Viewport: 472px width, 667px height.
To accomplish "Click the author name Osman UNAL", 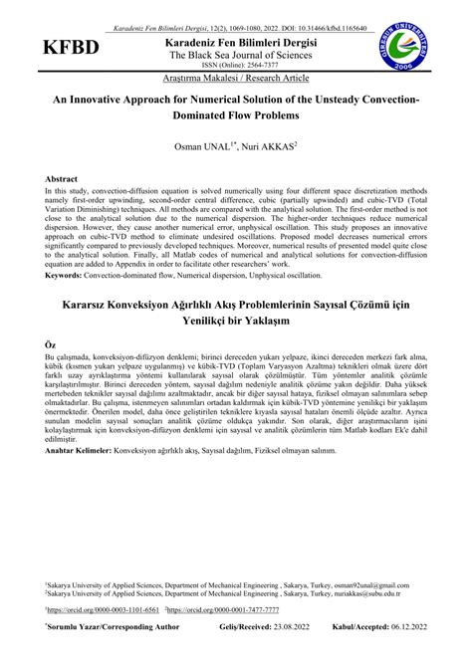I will (x=205, y=147).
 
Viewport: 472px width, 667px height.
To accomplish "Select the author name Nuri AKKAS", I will (x=267, y=147).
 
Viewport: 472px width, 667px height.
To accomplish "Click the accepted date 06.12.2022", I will (x=409, y=628).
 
